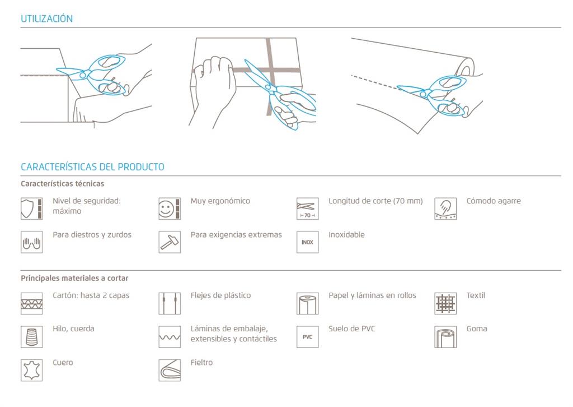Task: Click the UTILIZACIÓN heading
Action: [46, 18]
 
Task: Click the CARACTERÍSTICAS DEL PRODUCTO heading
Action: [92, 167]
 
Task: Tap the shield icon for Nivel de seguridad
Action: [32, 209]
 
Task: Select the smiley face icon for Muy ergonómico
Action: [170, 209]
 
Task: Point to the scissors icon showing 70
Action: [307, 209]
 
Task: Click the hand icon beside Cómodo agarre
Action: [445, 209]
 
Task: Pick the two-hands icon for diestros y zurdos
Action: [32, 242]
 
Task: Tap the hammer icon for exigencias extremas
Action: [170, 242]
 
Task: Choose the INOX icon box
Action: [307, 242]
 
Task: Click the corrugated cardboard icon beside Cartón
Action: [32, 303]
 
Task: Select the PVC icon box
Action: [307, 337]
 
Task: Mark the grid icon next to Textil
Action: [445, 303]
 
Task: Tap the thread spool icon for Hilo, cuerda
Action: [32, 337]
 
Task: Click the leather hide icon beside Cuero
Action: [32, 370]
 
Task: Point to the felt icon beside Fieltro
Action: [170, 370]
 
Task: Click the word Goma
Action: [477, 329]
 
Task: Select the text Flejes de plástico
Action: [220, 295]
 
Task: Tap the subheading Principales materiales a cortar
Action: [74, 278]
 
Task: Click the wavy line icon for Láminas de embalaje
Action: [170, 337]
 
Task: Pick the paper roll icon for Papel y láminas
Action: [307, 303]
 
